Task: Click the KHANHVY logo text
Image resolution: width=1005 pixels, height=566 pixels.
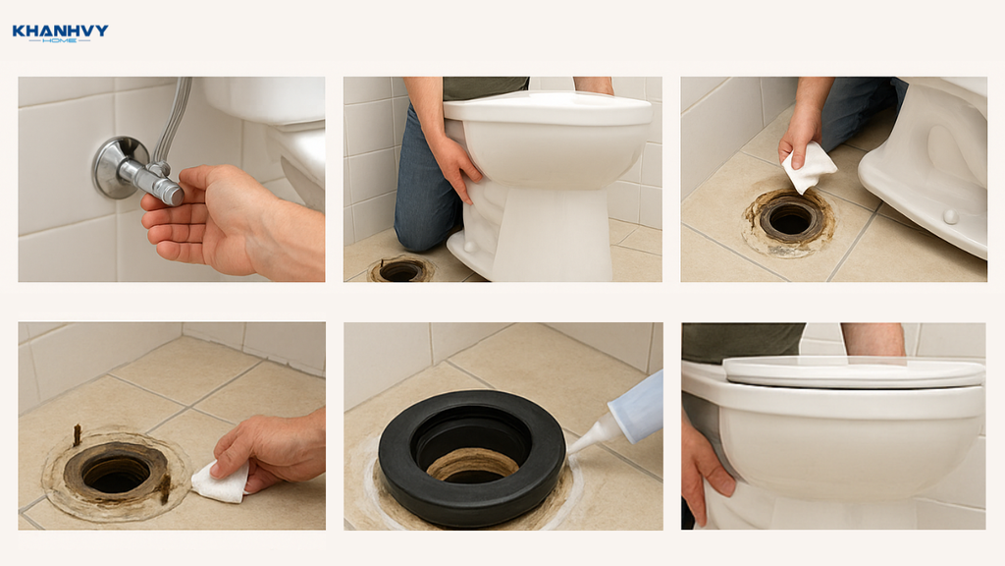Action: [x=60, y=30]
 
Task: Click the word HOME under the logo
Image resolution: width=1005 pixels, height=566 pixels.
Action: [x=60, y=40]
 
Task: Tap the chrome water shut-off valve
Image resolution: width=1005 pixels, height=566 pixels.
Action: [x=135, y=170]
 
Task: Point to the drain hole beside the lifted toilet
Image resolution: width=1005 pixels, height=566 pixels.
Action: [x=400, y=270]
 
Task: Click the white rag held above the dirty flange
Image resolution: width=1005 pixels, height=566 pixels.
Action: [x=809, y=167]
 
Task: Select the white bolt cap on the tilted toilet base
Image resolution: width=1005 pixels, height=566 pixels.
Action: [x=950, y=216]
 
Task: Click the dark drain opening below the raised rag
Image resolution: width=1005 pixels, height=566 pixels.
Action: [x=790, y=221]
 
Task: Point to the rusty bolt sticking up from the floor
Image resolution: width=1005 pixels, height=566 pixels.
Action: [x=77, y=434]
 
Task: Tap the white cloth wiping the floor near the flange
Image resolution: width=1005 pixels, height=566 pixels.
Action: [x=221, y=482]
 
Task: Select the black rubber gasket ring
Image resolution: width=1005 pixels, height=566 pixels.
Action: [x=472, y=459]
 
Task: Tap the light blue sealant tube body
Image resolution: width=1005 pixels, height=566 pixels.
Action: [x=636, y=408]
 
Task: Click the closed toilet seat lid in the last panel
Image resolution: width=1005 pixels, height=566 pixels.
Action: [x=854, y=372]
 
